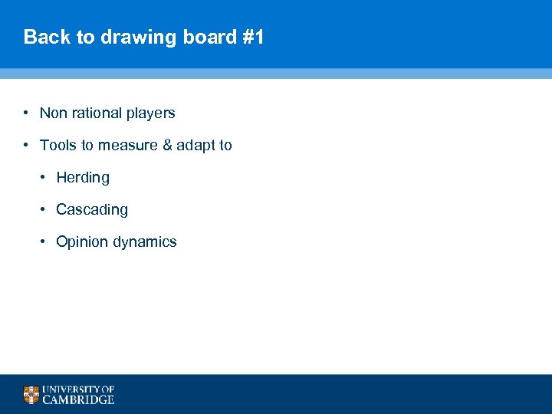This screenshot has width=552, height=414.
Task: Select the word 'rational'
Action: (x=97, y=113)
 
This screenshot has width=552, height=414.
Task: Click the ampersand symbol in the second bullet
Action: (x=165, y=146)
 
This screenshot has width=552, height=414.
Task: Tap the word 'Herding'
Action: (x=83, y=178)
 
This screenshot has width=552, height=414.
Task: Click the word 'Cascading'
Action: (x=92, y=210)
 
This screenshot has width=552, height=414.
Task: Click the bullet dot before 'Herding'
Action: (x=44, y=177)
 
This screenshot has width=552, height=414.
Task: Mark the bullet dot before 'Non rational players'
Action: (x=26, y=113)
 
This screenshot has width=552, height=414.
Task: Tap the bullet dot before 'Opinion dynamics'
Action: (x=44, y=242)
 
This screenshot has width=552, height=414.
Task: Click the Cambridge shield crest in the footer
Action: (x=31, y=395)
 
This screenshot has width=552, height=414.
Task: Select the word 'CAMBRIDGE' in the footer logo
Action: (x=78, y=399)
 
